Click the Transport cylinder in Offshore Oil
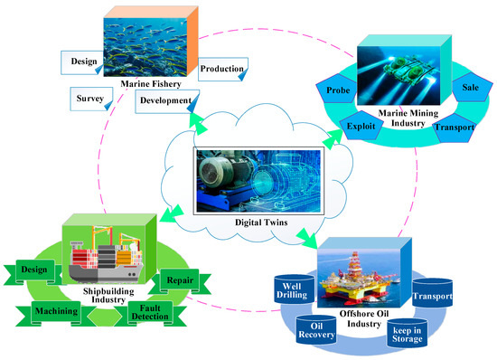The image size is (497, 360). [x=431, y=295]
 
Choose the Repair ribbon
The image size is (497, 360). [x=176, y=279]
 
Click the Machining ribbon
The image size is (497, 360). [x=56, y=311]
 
